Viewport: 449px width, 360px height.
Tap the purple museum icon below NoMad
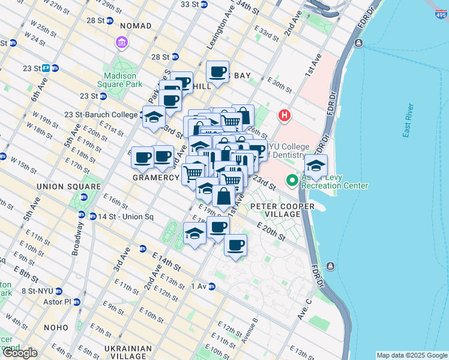122,43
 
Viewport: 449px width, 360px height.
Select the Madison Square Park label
124,80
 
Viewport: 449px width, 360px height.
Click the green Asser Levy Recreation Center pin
292,180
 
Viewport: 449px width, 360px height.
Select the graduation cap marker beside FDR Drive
316,166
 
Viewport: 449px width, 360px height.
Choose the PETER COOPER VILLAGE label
275,210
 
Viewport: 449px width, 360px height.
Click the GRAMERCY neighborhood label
156,178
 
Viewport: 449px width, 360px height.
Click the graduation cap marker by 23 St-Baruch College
153,116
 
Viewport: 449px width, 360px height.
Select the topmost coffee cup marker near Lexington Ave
218,72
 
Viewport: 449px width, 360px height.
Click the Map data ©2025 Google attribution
412,355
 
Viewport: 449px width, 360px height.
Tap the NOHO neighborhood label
56,328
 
